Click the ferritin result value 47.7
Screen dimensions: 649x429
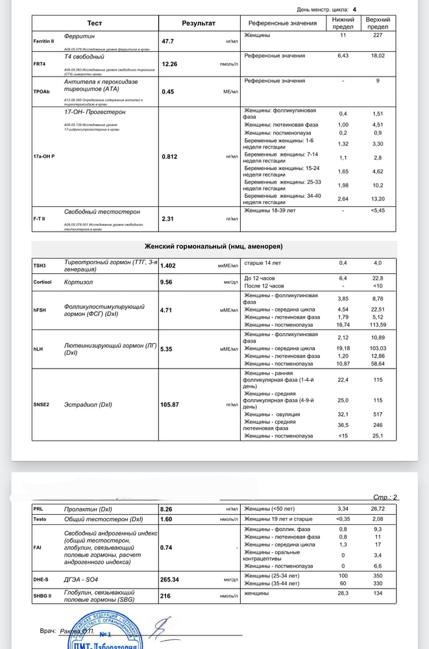[168, 41]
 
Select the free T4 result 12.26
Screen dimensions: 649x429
[170, 64]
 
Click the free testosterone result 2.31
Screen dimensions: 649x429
[169, 219]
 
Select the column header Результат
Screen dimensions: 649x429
[199, 23]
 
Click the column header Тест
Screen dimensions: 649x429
[95, 23]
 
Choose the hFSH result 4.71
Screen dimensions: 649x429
[168, 310]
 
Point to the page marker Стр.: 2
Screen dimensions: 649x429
[385, 497]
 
